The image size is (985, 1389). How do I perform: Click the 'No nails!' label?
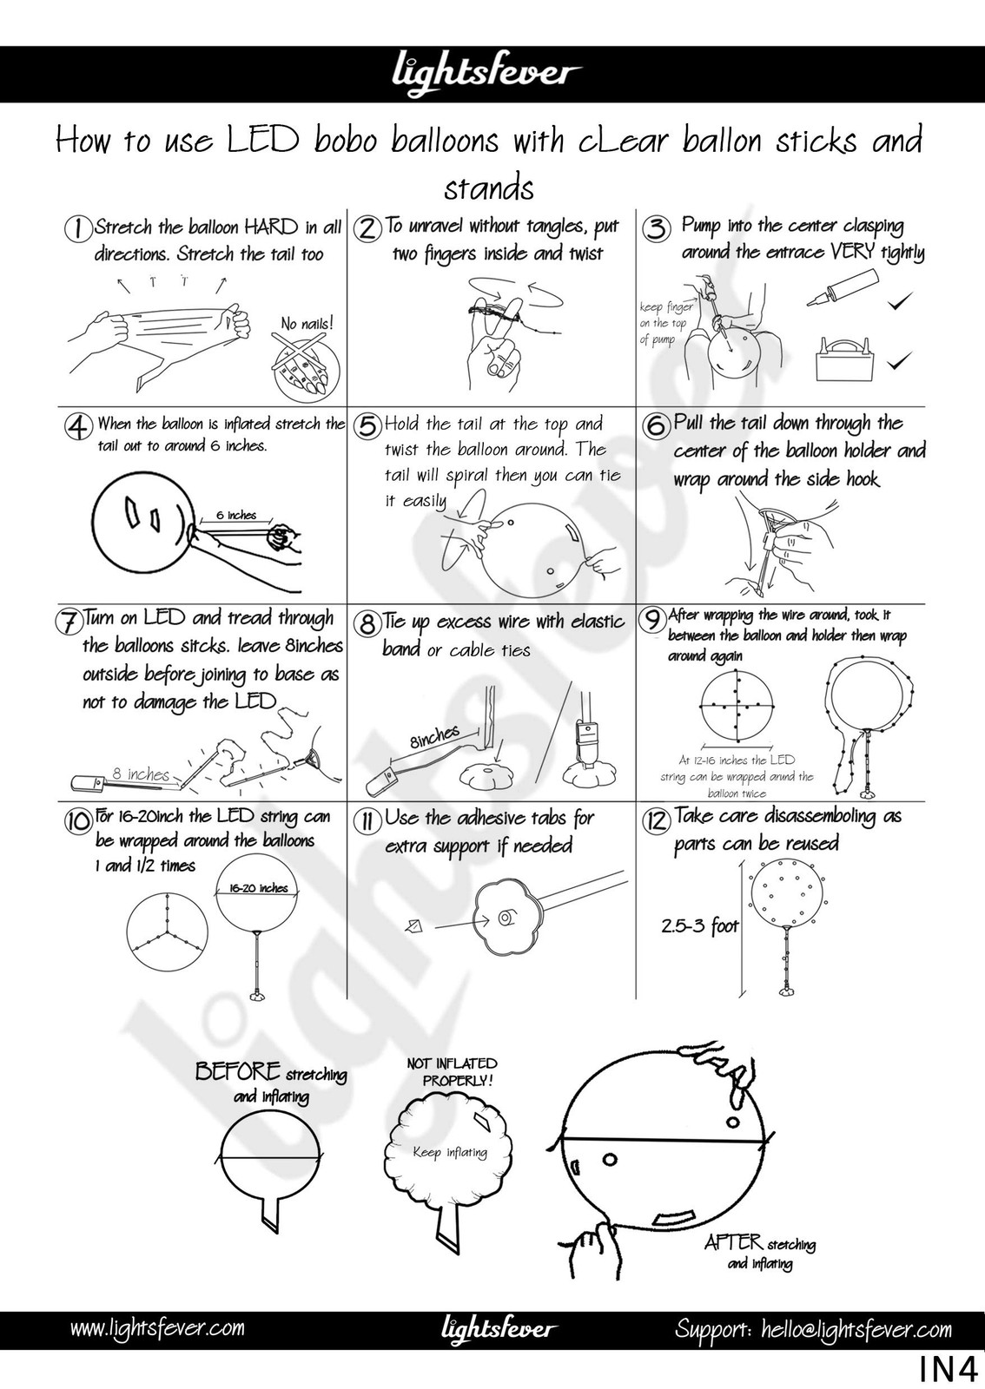[307, 323]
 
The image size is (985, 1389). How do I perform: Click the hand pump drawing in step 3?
[843, 288]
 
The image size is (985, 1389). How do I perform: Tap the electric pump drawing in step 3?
[841, 359]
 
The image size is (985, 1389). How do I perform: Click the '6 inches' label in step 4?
[235, 516]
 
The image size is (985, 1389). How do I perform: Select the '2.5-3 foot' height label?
[700, 926]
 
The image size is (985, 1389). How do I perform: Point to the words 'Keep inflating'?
[450, 1153]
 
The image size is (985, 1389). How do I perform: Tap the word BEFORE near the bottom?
[238, 1071]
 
